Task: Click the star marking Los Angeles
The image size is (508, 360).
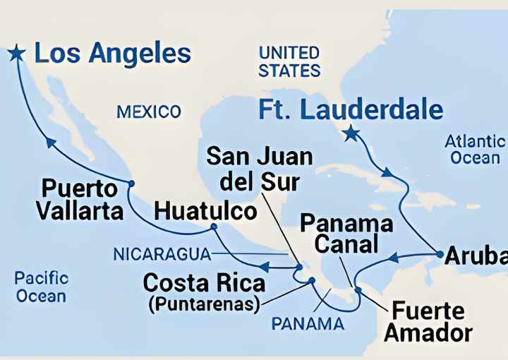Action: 16,53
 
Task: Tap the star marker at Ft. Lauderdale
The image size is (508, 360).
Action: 350,133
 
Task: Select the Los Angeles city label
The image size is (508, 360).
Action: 112,54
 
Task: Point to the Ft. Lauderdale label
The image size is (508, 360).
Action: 351,109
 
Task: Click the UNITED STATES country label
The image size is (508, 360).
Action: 289,61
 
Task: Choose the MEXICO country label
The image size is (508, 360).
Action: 149,112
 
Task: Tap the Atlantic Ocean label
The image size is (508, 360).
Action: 475,150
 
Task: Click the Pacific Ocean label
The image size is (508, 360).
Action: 42,287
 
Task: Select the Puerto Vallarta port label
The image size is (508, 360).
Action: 79,200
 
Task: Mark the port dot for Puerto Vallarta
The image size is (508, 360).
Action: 131,183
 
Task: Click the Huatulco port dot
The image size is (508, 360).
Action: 214,227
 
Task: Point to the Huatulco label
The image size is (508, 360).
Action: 205,210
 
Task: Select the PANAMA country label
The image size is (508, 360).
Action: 308,324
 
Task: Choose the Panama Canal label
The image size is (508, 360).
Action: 346,234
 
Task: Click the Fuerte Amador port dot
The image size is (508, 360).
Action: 358,290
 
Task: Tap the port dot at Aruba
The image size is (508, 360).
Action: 440,254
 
